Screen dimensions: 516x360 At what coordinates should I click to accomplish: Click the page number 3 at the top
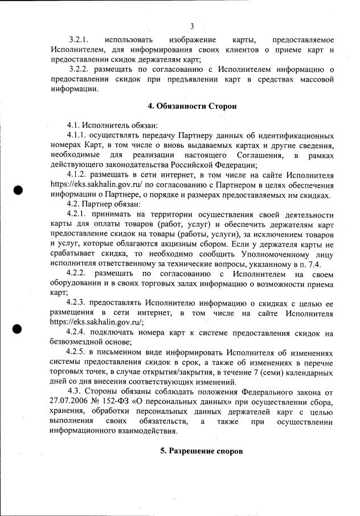(x=192, y=26)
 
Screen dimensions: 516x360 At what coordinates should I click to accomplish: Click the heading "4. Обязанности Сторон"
(x=192, y=106)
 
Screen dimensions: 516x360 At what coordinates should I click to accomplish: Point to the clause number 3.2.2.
(x=82, y=70)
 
